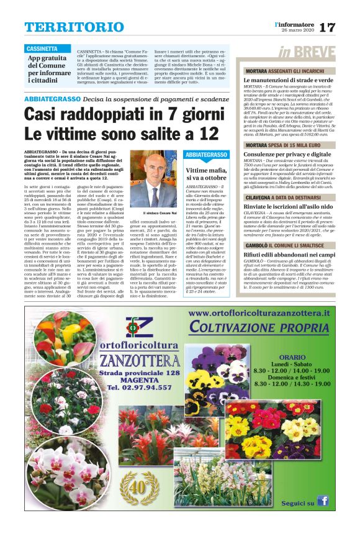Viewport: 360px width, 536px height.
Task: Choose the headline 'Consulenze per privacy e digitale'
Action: click(x=287, y=153)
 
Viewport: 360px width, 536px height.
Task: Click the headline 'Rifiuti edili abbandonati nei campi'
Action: click(x=289, y=253)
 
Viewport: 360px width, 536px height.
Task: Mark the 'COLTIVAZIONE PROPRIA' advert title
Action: click(x=259, y=327)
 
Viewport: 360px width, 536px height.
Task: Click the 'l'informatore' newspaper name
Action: click(x=296, y=24)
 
